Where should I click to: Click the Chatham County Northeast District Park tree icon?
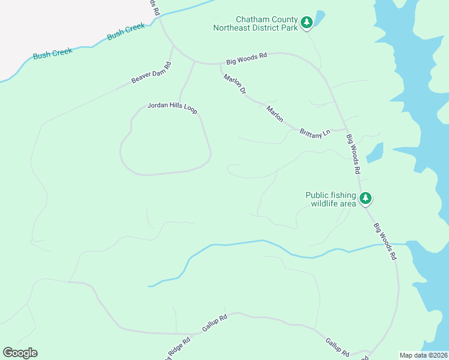(x=307, y=22)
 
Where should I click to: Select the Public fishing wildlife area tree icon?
(x=366, y=199)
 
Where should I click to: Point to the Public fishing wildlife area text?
(x=331, y=199)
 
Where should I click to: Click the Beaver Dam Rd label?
(x=151, y=73)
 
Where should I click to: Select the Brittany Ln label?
(x=315, y=133)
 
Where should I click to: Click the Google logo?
(x=20, y=353)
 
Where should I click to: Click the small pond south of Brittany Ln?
(x=375, y=152)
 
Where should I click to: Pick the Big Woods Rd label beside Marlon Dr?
(x=246, y=59)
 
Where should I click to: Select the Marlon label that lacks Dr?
(x=275, y=114)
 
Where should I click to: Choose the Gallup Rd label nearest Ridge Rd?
(x=214, y=323)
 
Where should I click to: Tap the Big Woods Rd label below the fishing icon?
(x=385, y=241)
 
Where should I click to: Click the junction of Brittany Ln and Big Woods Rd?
(x=347, y=127)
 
